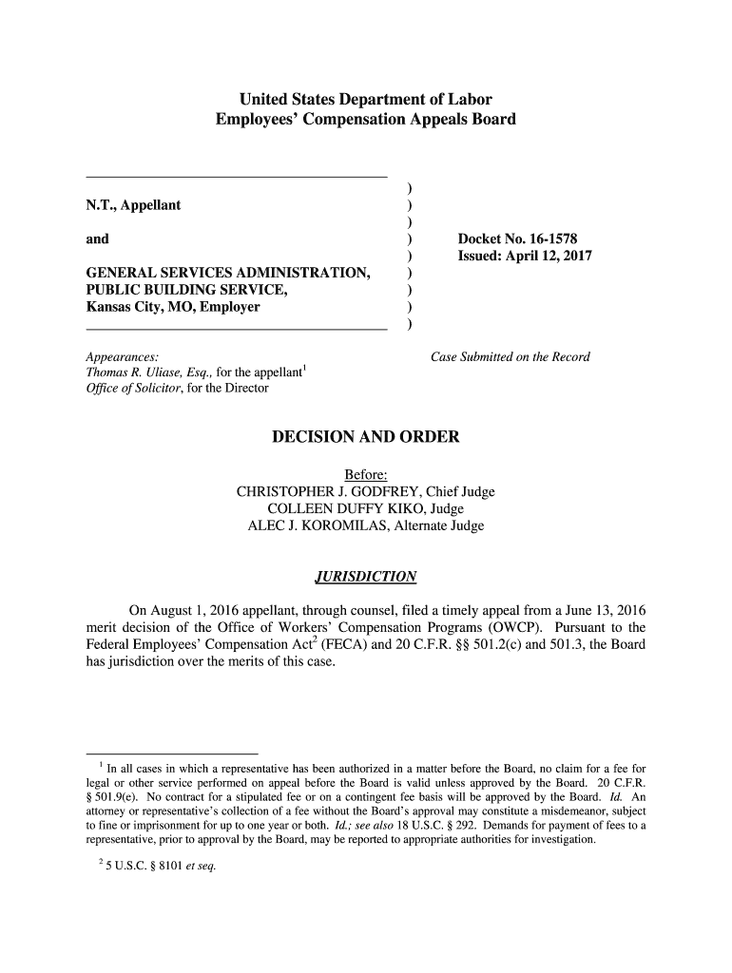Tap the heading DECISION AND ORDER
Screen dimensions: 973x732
coord(365,437)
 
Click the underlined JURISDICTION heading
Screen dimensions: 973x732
coord(365,577)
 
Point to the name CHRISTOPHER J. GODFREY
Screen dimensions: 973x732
coord(329,491)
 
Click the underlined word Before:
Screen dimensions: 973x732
coord(365,474)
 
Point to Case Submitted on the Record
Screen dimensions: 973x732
coord(510,357)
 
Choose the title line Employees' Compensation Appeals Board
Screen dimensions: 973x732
coord(365,120)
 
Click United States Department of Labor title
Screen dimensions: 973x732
coord(365,99)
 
